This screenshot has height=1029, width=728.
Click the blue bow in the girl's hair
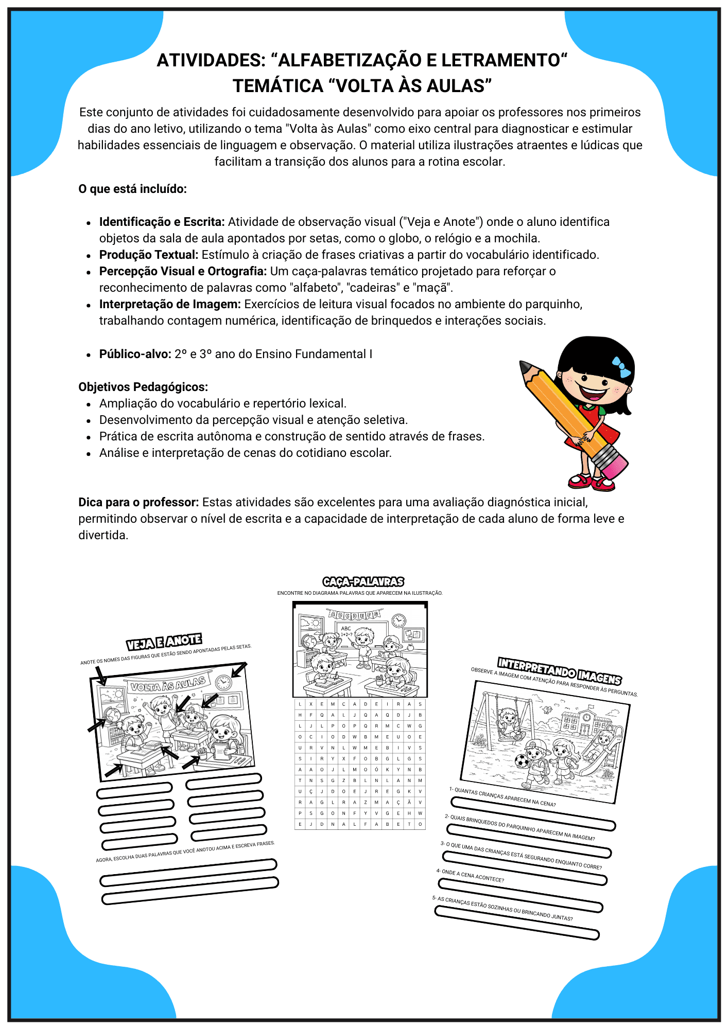pos(621,367)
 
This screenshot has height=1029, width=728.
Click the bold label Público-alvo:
pos(135,354)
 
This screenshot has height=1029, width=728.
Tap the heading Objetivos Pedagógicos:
pos(143,387)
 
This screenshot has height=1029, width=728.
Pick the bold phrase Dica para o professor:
pos(138,502)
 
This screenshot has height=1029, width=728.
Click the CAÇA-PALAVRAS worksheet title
pos(363,582)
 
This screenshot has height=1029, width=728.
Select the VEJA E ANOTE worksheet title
pos(164,642)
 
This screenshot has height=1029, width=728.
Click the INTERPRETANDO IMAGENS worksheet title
pos(559,671)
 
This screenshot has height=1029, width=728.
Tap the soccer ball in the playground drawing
pos(522,761)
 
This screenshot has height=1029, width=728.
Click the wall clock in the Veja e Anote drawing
pos(223,682)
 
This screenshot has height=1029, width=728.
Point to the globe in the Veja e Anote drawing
pos(113,715)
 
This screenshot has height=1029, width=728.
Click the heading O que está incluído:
pos(132,189)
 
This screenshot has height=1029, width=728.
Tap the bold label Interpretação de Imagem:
pos(170,304)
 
